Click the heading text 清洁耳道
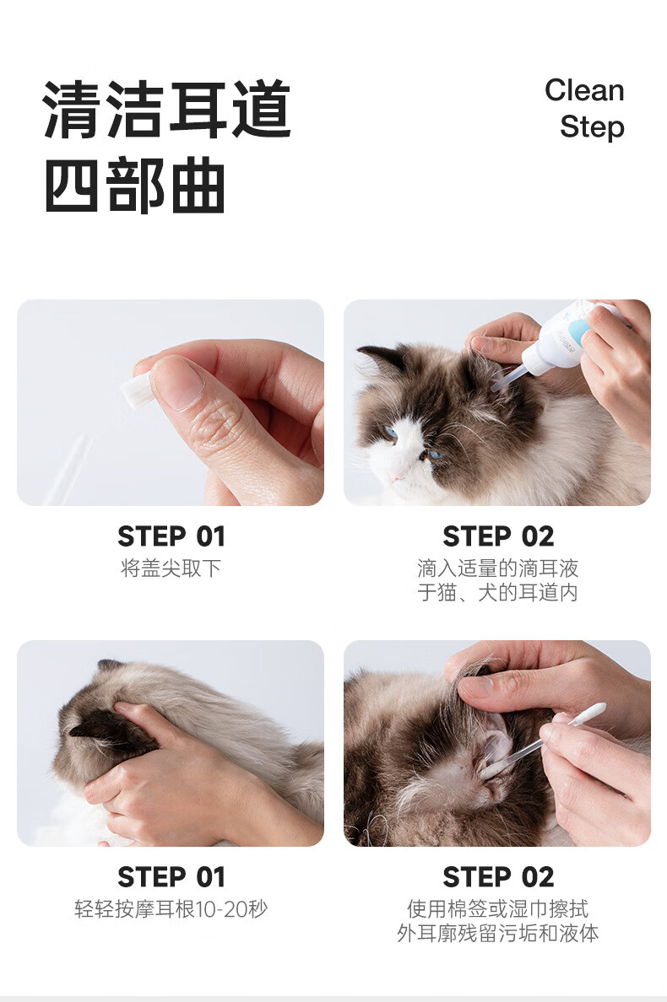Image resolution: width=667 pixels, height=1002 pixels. coord(167,110)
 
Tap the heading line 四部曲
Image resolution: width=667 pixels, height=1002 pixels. coord(135,186)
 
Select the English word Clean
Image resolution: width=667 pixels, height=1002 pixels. coord(584,90)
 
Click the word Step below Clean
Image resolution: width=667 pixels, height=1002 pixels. coord(592,127)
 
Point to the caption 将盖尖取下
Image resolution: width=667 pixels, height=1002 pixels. coord(171,568)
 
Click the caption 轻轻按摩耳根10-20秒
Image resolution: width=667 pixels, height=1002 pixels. coord(171,908)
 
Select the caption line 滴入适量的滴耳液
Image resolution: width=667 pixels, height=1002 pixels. coord(497,568)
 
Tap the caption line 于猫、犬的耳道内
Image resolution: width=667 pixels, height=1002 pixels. coord(497,592)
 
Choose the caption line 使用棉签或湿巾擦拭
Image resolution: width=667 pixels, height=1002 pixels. coord(497,908)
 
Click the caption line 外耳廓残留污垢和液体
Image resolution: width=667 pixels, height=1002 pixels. coord(497,933)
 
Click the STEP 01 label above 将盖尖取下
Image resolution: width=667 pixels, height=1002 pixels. coord(171,536)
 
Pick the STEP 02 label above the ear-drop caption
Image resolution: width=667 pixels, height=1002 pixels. coord(498,536)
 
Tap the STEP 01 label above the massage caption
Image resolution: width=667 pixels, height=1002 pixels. coord(171,877)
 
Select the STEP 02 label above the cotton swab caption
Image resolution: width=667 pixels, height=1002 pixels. coord(498,877)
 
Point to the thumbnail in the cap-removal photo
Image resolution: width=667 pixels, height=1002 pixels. coord(176,382)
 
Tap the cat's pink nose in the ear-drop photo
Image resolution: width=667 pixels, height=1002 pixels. coord(397,477)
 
